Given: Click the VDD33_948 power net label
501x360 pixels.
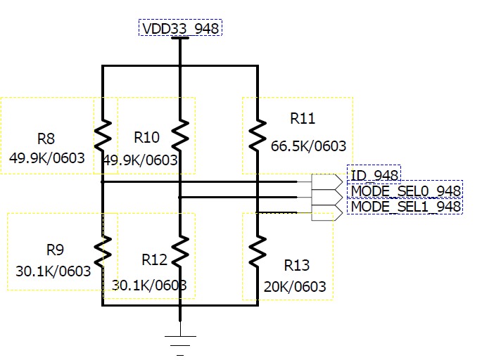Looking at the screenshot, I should [181, 28].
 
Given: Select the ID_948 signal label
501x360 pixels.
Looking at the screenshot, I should [374, 175].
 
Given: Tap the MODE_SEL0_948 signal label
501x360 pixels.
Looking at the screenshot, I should [406, 191].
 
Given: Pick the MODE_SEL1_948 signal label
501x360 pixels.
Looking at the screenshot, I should [406, 207].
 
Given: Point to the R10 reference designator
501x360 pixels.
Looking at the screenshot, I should [146, 137].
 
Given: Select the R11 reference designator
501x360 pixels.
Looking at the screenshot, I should [303, 118].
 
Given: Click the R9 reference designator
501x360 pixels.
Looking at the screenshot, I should [55, 250].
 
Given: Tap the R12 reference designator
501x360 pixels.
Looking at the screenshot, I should [154, 260].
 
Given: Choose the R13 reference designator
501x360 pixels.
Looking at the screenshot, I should [296, 265].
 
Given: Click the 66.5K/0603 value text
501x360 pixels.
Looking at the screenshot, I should [309, 146].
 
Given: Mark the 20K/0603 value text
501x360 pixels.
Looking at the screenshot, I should [296, 287].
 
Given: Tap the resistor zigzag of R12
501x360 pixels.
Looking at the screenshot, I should [181, 250].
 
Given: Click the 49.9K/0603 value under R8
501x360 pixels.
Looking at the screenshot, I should [47, 158].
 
